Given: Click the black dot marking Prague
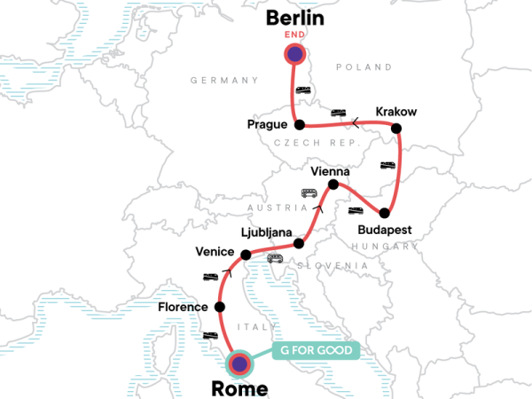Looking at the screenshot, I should coord(299,124).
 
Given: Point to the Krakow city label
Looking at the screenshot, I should coord(395,112).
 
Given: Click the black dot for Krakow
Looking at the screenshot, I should coord(396,129).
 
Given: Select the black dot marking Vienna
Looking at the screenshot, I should coord(333,185).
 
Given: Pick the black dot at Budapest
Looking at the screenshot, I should coord(385,213).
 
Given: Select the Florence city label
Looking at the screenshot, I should coord(183,308).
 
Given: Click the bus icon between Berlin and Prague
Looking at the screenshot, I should coord(303,91).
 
